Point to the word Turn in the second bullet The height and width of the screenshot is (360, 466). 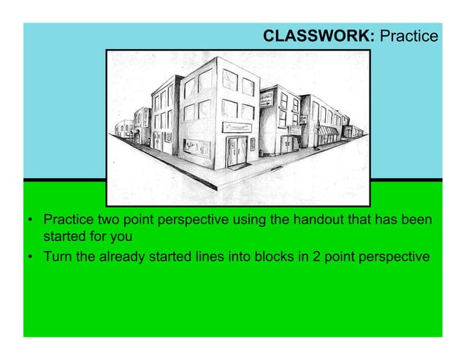pos(58,257)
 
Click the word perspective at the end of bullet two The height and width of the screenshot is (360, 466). pos(394,257)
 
